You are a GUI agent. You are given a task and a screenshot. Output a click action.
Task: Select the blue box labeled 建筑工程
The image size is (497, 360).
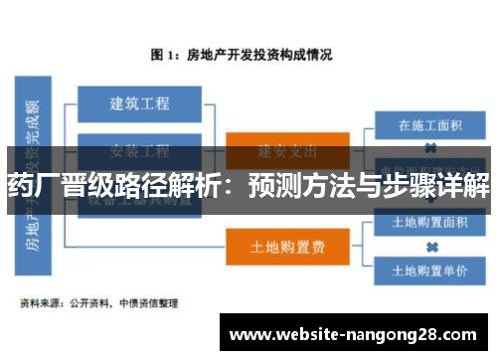coord(139,102)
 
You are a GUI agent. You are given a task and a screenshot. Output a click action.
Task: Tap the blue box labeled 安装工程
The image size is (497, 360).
coord(139,150)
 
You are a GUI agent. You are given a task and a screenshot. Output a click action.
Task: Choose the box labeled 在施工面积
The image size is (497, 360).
coord(430,126)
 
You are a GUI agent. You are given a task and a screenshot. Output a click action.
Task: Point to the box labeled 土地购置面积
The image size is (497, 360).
coord(430,221)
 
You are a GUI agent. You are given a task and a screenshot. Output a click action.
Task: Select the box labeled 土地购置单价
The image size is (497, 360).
coord(430,269)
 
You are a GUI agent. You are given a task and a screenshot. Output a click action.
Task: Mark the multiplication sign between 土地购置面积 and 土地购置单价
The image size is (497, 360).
coord(431,245)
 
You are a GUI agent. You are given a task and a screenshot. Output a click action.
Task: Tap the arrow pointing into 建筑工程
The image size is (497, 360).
coord(73,102)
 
